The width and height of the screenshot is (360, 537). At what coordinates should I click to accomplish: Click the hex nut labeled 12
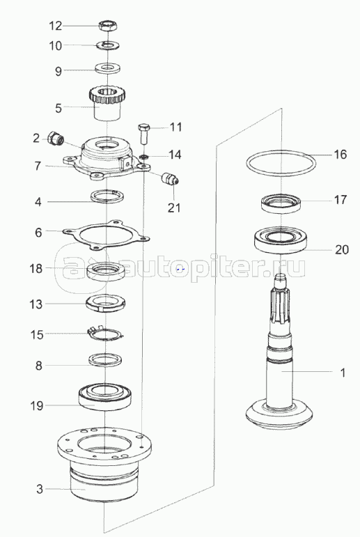click(x=108, y=25)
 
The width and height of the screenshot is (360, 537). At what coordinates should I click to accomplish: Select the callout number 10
click(x=56, y=45)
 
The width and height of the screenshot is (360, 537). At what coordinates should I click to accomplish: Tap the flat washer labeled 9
click(x=107, y=67)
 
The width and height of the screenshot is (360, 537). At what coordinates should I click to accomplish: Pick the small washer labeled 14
click(x=144, y=157)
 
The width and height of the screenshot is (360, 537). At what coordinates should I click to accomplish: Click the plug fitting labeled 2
click(x=55, y=139)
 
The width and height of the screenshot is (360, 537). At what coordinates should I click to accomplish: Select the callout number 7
click(x=38, y=166)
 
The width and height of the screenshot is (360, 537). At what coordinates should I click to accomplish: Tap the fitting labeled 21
click(x=169, y=179)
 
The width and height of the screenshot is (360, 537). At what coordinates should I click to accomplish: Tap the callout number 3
click(x=40, y=489)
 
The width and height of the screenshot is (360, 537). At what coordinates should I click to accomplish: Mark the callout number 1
click(x=343, y=373)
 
